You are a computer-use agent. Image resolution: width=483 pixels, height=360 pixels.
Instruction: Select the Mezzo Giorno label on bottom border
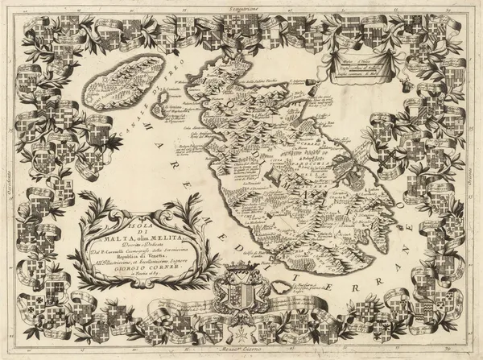241,353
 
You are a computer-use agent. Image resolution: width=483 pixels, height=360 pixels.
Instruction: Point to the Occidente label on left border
6,173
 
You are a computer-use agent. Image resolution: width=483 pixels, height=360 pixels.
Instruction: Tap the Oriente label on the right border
476,173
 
